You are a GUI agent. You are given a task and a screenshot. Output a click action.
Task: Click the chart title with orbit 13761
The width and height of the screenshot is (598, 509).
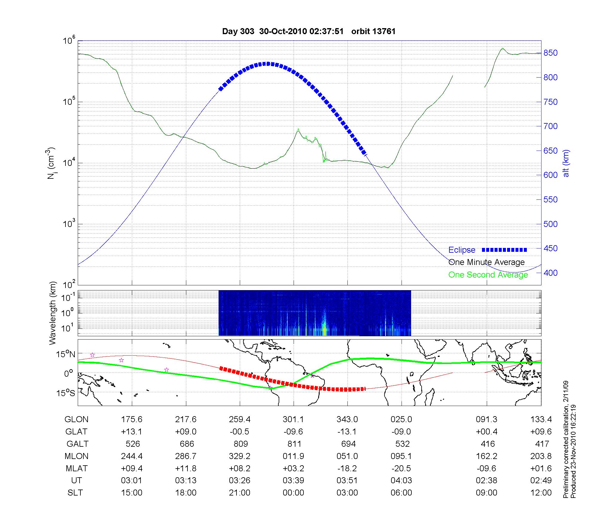pyautogui.click(x=309, y=31)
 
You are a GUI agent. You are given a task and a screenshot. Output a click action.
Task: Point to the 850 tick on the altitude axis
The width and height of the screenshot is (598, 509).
pyautogui.click(x=550, y=53)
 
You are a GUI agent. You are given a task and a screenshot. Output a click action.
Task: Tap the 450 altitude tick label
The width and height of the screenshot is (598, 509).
pyautogui.click(x=550, y=249)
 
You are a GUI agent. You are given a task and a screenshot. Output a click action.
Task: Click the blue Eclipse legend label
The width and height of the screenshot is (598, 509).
pyautogui.click(x=462, y=250)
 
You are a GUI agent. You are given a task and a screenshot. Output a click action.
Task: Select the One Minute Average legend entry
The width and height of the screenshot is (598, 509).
pyautogui.click(x=486, y=262)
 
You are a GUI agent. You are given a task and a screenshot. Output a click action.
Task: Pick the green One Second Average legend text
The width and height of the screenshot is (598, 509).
pyautogui.click(x=488, y=275)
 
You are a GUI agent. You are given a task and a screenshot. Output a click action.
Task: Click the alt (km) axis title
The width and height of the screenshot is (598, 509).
pyautogui.click(x=566, y=163)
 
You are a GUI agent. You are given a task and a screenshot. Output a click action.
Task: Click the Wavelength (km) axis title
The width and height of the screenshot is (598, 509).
pyautogui.click(x=53, y=313)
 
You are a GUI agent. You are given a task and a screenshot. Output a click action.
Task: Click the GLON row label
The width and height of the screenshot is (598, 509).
pyautogui.click(x=76, y=419)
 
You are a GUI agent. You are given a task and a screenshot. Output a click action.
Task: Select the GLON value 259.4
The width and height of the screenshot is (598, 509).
pyautogui.click(x=240, y=419)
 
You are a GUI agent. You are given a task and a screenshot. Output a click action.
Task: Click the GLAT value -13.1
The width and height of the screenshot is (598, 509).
pyautogui.click(x=347, y=432)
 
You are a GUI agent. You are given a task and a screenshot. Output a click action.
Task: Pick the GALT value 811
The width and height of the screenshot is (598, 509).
pyautogui.click(x=294, y=444)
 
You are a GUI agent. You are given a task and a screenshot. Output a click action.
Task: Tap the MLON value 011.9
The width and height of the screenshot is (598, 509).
pyautogui.click(x=294, y=456)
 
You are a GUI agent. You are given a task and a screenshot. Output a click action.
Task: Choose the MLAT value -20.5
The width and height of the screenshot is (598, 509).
pyautogui.click(x=401, y=468)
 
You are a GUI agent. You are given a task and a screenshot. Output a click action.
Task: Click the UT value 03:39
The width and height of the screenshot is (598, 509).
pyautogui.click(x=294, y=481)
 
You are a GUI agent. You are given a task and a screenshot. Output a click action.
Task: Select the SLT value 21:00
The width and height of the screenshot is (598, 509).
pyautogui.click(x=240, y=493)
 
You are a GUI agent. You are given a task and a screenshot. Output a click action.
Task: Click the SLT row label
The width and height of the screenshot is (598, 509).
pyautogui.click(x=75, y=493)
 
